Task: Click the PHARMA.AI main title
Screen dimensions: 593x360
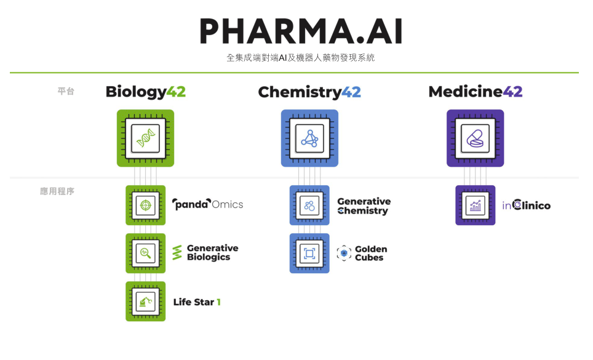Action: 301,31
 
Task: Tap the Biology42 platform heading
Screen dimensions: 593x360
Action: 146,92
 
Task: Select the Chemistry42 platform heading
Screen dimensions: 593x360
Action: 309,92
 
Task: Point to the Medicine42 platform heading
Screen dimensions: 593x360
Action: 476,92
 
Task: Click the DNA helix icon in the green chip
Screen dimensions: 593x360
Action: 146,138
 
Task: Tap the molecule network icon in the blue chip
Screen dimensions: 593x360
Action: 310,138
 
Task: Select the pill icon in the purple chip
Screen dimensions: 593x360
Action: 475,138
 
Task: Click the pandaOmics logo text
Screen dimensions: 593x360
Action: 208,204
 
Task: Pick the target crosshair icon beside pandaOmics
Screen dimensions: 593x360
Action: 146,206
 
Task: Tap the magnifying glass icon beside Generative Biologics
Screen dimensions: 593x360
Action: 146,253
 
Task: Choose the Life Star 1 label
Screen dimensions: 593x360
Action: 197,302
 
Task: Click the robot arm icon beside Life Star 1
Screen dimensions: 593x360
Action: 146,302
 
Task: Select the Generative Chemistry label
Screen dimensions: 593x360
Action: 364,206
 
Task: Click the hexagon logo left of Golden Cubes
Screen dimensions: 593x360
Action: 344,253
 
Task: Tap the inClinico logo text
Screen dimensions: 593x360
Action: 527,205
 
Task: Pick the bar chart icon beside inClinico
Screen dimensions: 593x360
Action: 476,206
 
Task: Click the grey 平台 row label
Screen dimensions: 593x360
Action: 66,91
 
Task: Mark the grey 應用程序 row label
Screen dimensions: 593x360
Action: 57,191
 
